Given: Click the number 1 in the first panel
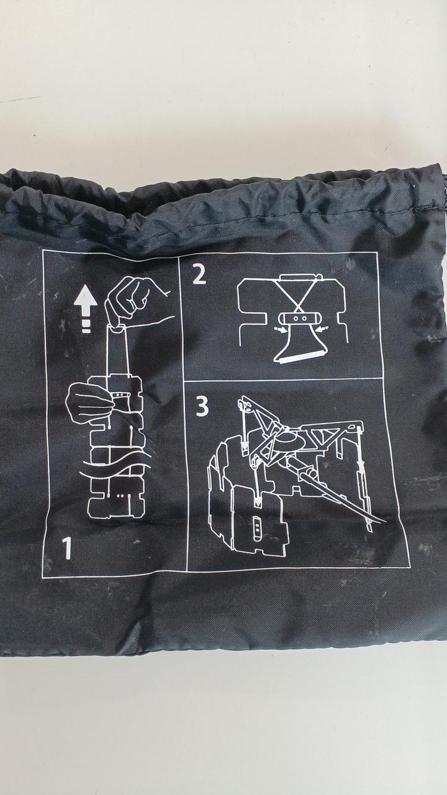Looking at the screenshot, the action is point(67,548).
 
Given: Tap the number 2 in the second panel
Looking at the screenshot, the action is point(199,275).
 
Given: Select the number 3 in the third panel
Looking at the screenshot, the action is point(202,407).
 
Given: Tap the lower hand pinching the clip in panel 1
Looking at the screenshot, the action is point(89,404).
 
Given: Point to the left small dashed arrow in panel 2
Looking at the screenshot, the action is point(279,330).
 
